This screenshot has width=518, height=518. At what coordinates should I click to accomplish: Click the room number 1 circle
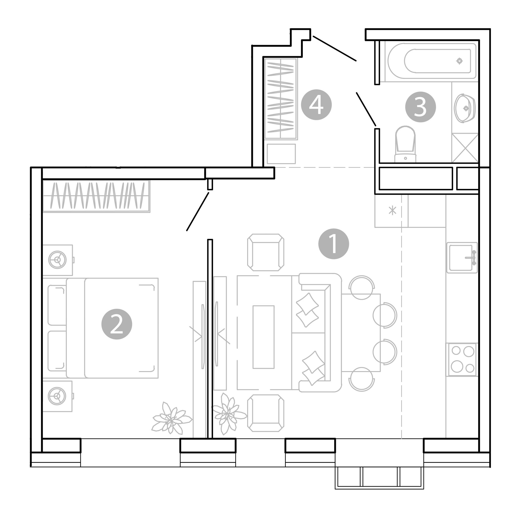[334, 244]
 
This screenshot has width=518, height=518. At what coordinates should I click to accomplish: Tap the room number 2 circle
[117, 324]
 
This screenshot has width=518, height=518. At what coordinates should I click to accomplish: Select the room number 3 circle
[420, 107]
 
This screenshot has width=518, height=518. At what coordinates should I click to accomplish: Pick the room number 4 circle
[316, 104]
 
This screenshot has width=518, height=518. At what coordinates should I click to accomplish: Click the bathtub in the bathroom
[432, 61]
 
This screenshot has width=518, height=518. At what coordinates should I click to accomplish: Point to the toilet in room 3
[405, 144]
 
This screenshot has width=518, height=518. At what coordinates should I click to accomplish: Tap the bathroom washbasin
[465, 108]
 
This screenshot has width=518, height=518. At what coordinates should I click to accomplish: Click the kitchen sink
[462, 258]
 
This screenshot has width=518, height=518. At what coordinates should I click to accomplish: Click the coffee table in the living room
[264, 337]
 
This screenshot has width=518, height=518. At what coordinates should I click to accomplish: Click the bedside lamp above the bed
[57, 260]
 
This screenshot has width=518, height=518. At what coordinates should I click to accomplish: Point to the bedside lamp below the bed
[57, 396]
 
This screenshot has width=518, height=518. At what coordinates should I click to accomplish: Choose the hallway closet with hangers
[281, 99]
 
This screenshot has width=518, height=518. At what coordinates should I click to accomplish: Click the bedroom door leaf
[198, 211]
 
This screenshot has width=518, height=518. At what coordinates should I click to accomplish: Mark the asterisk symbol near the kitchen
[393, 210]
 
